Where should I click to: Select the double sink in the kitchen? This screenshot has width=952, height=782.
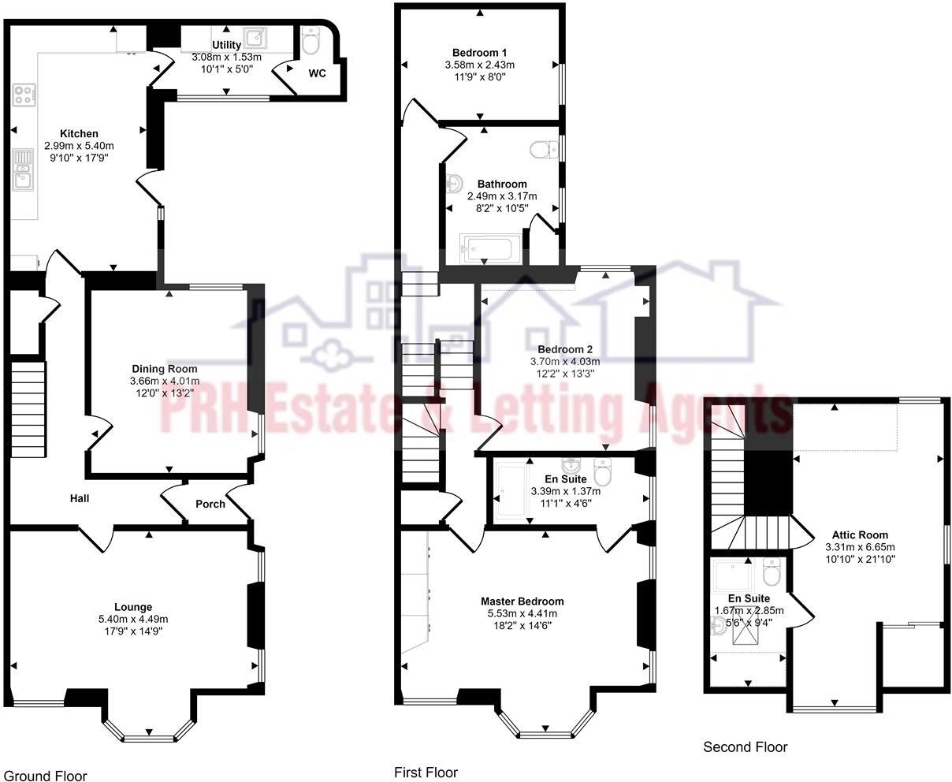tap(23, 171)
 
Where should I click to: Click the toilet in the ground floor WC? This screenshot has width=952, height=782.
tap(311, 42)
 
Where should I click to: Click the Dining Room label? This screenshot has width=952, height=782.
tap(165, 368)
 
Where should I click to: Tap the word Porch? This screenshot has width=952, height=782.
tap(210, 504)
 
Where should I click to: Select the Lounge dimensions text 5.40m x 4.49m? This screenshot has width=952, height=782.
tap(133, 619)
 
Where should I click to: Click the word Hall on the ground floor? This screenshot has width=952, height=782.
tap(80, 498)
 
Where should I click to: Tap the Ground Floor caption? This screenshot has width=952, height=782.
tap(45, 776)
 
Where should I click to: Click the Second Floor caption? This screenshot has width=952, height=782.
tap(745, 747)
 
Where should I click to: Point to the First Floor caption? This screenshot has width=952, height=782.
tap(426, 772)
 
